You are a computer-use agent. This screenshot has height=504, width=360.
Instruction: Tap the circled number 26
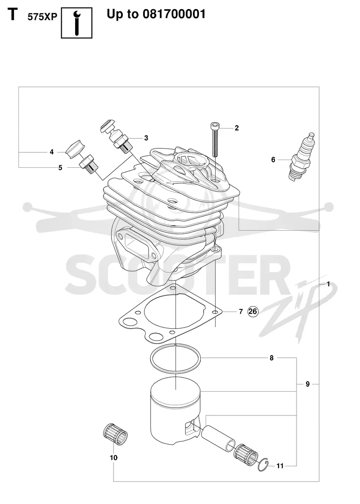pos(253,311)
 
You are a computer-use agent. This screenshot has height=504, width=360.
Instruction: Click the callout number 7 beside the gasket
pos(241,312)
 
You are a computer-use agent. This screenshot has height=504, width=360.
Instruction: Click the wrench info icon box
pos(76,23)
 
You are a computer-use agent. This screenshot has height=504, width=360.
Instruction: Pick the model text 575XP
pos(42,17)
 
